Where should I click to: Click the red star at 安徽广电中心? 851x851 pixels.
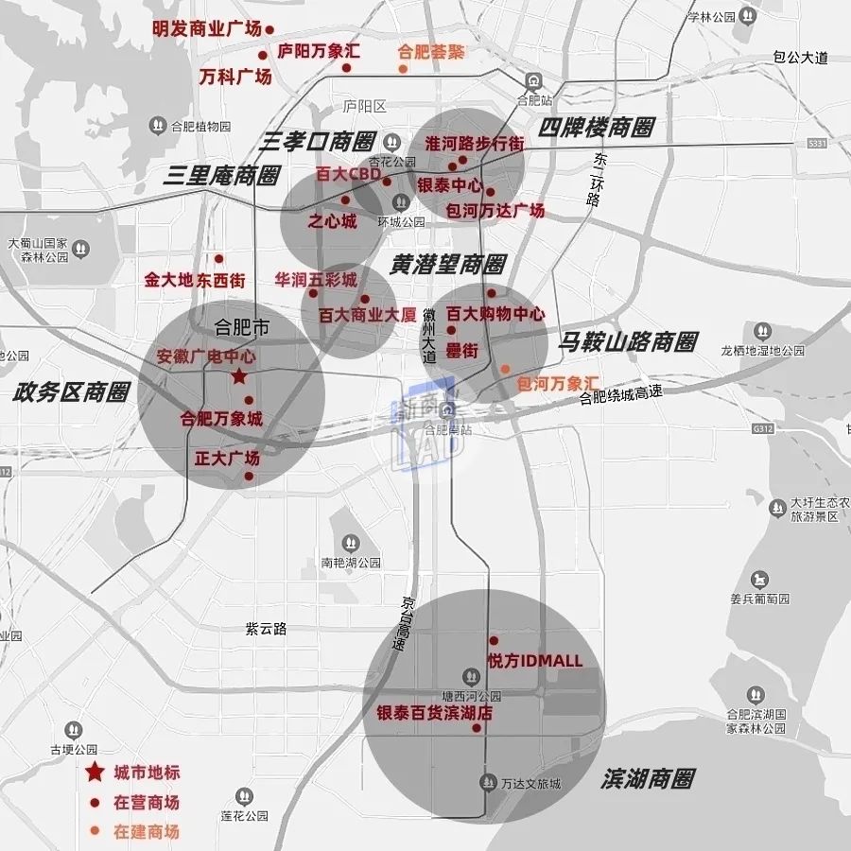click(x=239, y=376)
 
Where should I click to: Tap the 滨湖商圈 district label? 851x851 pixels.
click(x=647, y=779)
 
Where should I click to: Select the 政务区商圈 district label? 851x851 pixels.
click(x=71, y=392)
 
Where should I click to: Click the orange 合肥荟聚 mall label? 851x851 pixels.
click(x=431, y=52)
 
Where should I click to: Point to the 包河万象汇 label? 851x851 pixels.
click(x=558, y=383)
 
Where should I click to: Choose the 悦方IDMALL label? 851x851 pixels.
click(x=534, y=661)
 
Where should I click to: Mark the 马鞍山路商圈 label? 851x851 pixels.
click(x=628, y=341)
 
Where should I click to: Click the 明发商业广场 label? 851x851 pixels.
click(x=206, y=28)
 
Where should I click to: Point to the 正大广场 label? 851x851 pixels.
click(x=227, y=459)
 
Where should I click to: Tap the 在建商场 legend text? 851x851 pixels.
click(x=146, y=832)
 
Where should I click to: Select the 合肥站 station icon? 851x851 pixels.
click(x=534, y=81)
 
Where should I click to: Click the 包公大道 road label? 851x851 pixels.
click(x=800, y=58)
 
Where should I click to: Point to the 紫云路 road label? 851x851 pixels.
click(x=266, y=629)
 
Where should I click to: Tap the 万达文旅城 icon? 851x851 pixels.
click(x=489, y=782)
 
